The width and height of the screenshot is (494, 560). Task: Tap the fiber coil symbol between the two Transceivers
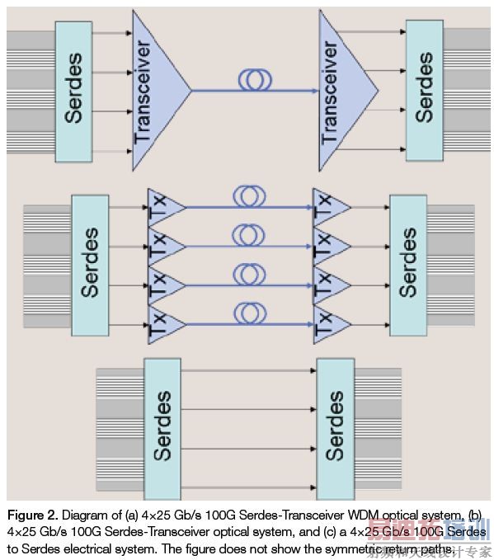[256, 80]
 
